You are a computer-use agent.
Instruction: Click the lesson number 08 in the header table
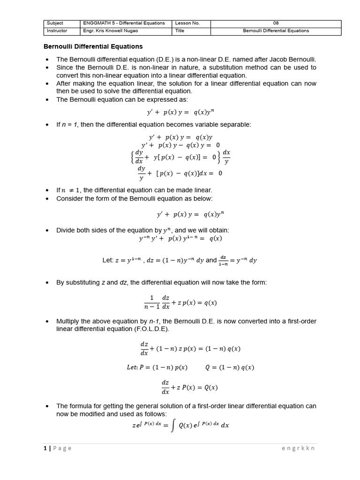coord(276,23)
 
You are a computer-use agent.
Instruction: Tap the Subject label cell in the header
coord(55,23)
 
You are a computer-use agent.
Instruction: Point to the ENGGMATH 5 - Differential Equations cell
coord(124,23)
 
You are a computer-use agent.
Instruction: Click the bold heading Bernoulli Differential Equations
coord(93,47)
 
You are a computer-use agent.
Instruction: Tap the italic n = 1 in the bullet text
coord(70,125)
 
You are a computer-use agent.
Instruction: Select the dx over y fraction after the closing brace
coord(226,157)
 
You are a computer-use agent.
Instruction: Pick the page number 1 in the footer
coord(45,448)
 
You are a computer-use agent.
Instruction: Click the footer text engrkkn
coord(298,448)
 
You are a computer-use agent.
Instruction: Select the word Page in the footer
coord(62,448)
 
